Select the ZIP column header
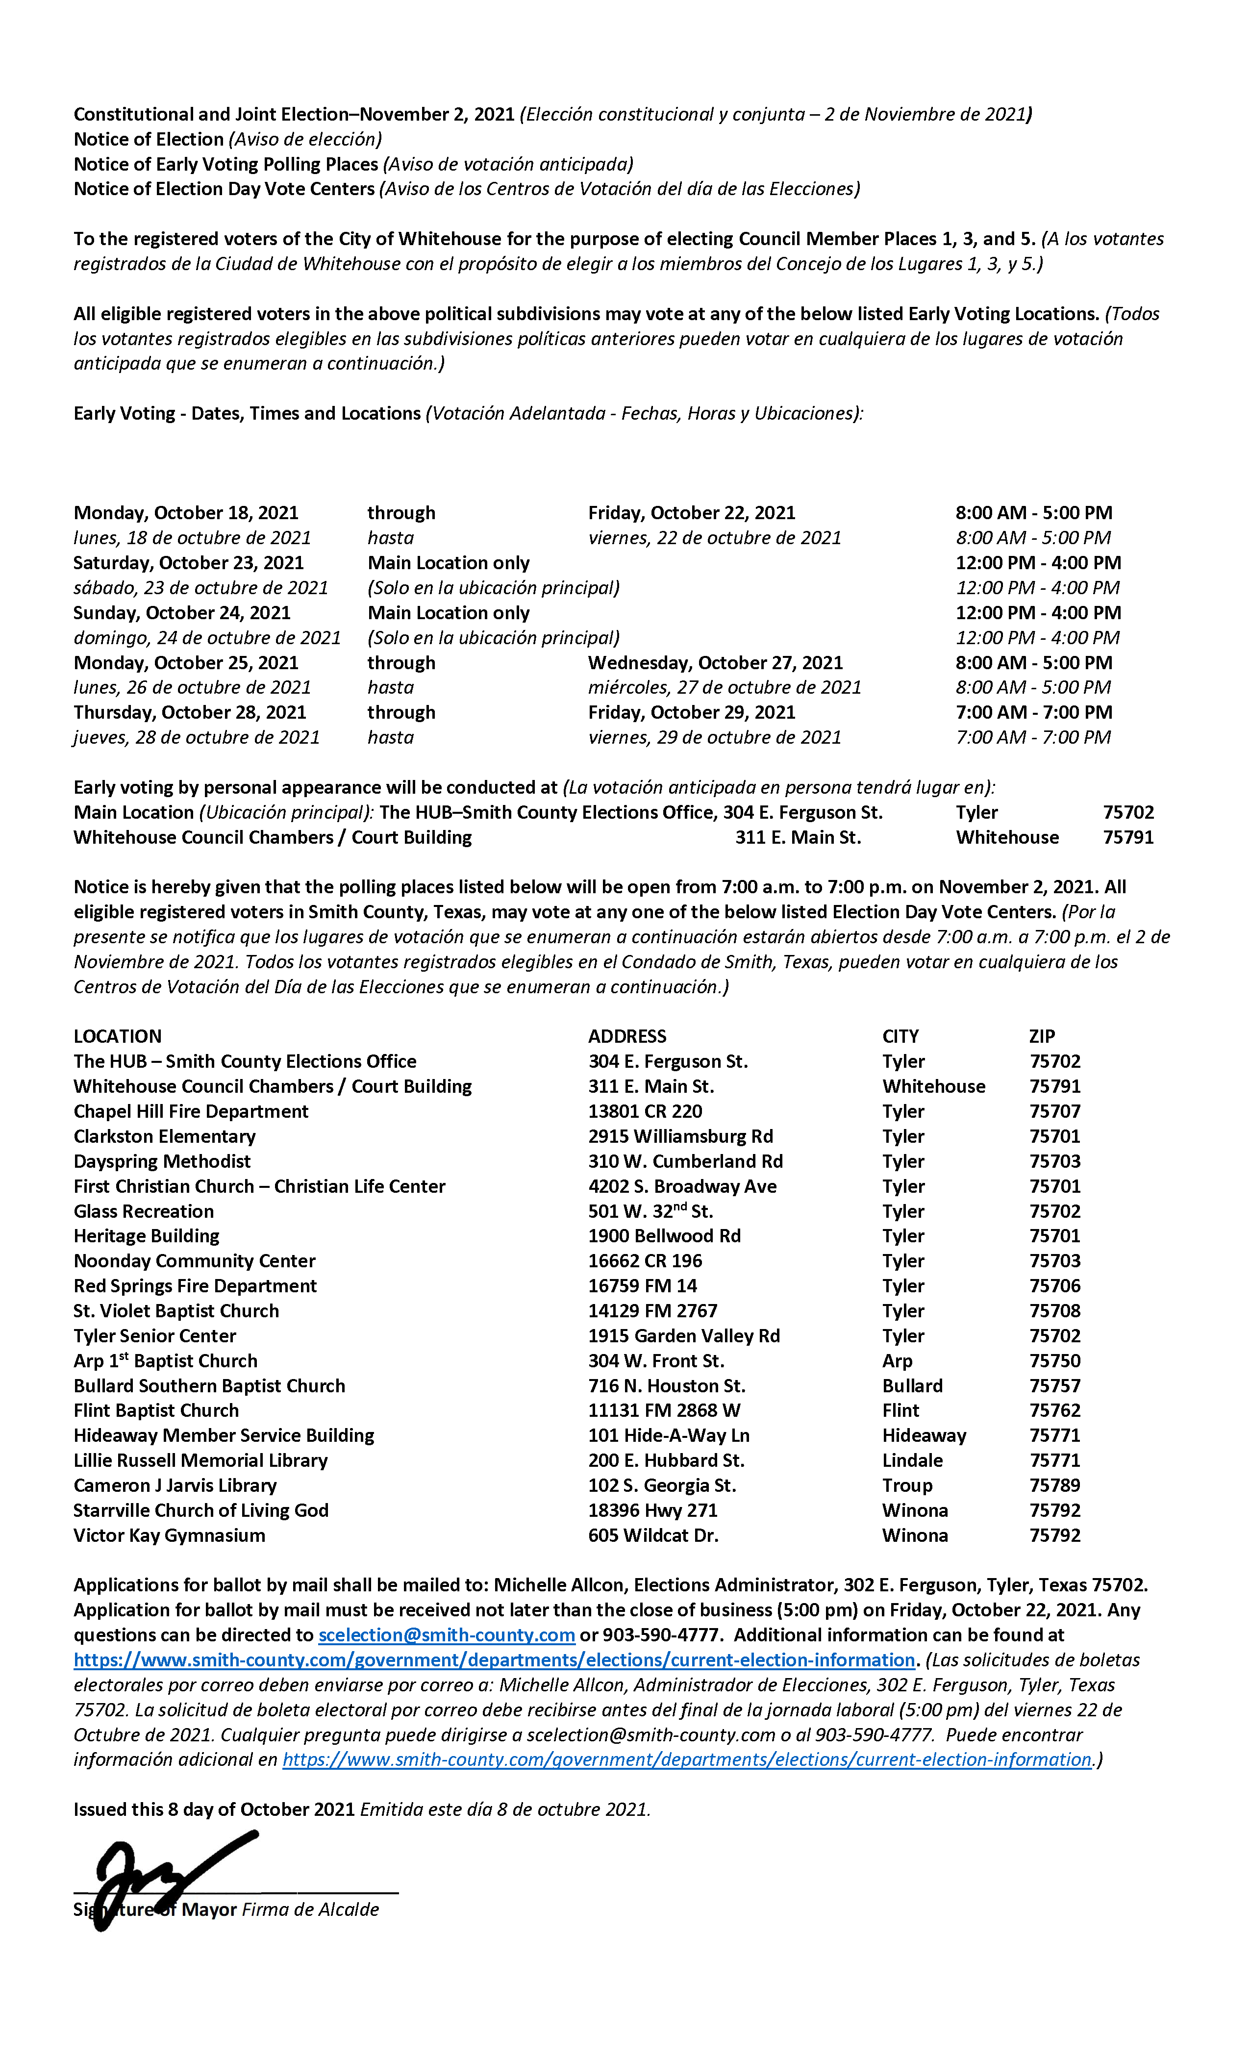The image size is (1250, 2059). click(x=1042, y=1036)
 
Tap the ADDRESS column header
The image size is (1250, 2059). click(x=626, y=1036)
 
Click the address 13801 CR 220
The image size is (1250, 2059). click(x=645, y=1111)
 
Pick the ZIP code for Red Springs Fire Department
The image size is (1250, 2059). click(x=1054, y=1286)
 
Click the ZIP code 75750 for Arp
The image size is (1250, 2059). click(x=1054, y=1360)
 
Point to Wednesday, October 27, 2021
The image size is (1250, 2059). click(x=715, y=663)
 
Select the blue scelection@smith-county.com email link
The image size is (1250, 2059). click(x=446, y=1635)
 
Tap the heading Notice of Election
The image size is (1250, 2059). click(x=149, y=140)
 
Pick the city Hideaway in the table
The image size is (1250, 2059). click(x=924, y=1435)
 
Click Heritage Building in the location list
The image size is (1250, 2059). click(x=146, y=1236)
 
